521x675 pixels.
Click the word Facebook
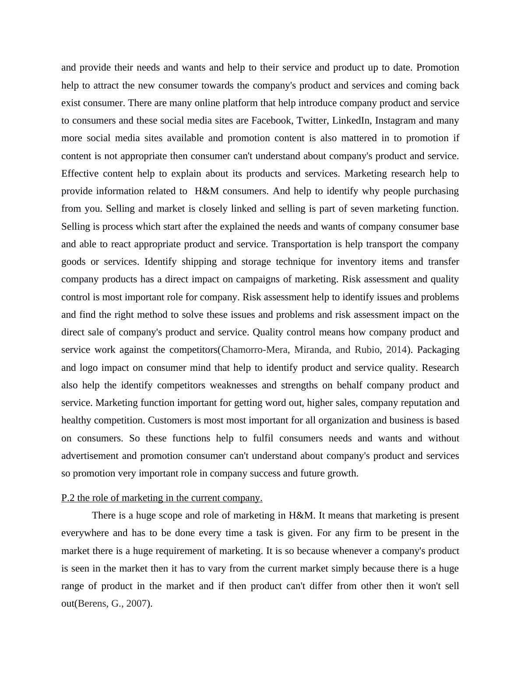[271, 121]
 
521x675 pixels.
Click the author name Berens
[93, 604]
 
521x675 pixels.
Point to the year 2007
[136, 604]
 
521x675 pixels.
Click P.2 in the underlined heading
[68, 498]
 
